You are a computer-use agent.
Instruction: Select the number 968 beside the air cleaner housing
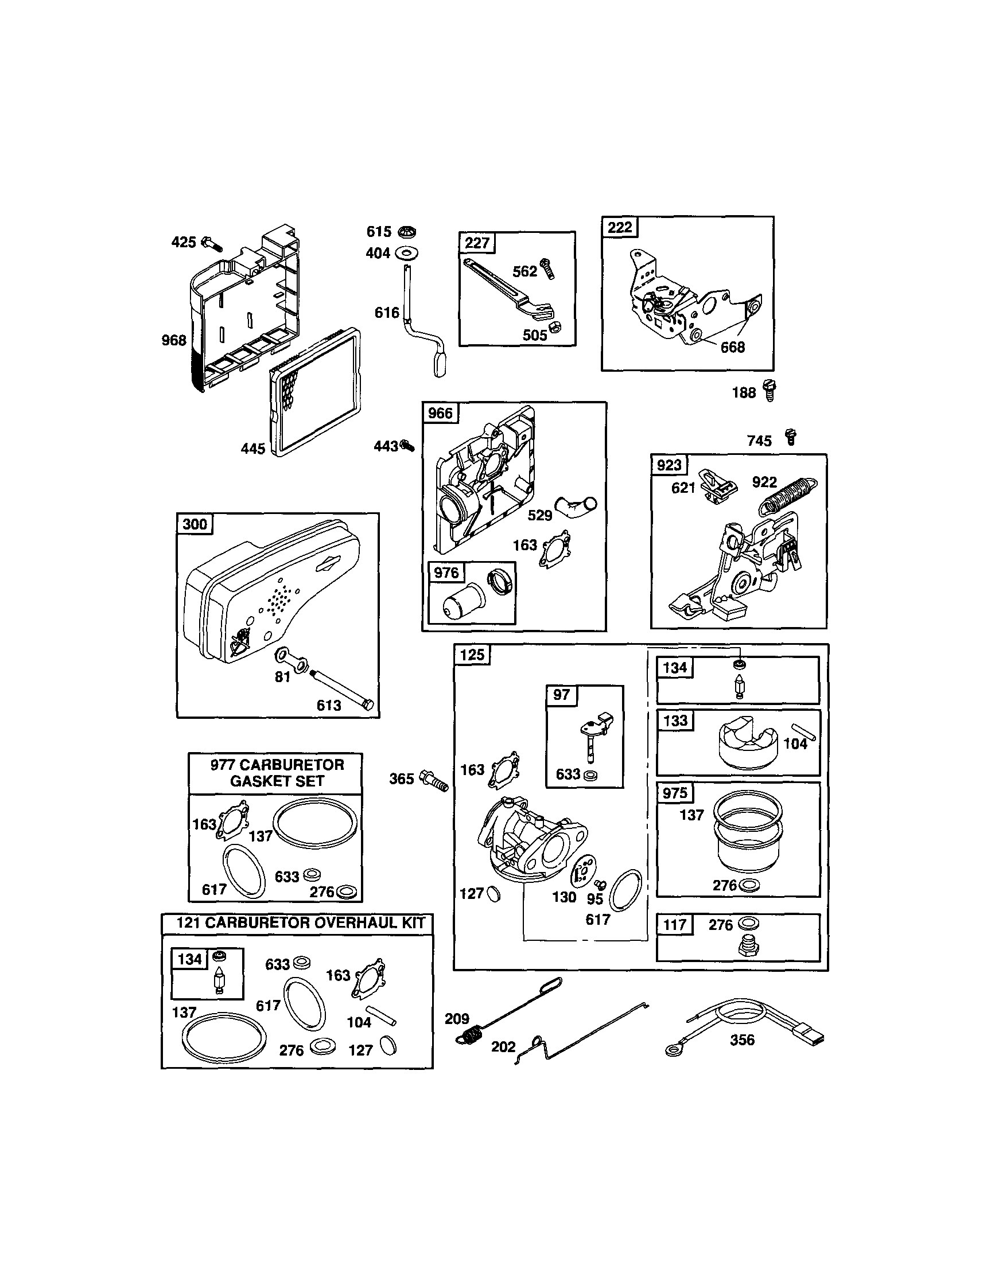point(174,340)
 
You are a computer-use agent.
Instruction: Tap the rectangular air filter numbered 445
point(316,392)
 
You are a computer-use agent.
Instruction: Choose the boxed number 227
point(477,243)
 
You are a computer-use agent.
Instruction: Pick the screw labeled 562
point(547,268)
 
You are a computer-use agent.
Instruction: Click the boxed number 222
point(620,227)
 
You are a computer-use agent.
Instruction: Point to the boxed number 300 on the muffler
point(195,523)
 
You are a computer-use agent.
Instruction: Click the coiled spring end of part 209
point(473,1034)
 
